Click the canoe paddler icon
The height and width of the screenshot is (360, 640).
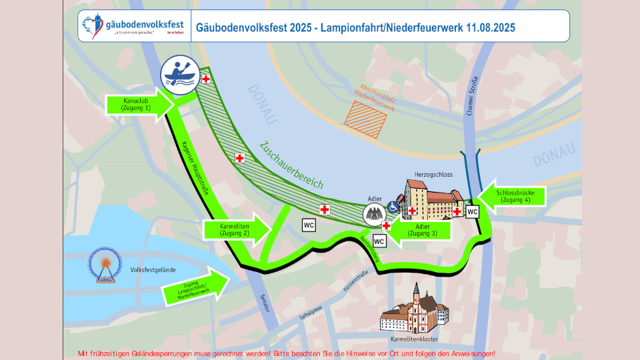point(178,74)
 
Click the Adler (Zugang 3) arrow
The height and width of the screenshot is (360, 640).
point(419,230)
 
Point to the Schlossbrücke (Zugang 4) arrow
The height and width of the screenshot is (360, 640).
point(513,195)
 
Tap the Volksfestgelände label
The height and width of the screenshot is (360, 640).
point(153,270)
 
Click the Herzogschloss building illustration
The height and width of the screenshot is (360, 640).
point(433,199)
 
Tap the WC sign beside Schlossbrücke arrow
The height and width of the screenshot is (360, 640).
point(472,211)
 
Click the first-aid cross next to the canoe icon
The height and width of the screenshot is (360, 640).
point(206,79)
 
